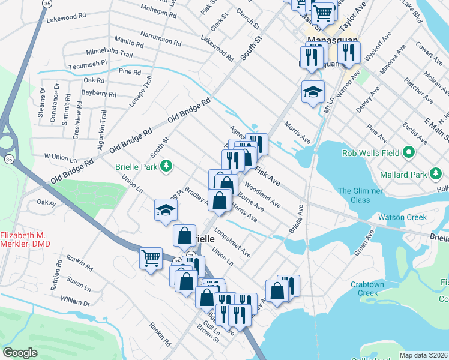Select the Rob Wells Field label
370,152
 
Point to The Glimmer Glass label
360,196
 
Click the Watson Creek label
402,217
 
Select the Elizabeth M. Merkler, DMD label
26,239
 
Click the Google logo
20,353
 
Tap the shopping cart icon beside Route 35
151,259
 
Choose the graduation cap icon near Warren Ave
313,92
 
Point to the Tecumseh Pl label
88,65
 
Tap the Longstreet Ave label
232,243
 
